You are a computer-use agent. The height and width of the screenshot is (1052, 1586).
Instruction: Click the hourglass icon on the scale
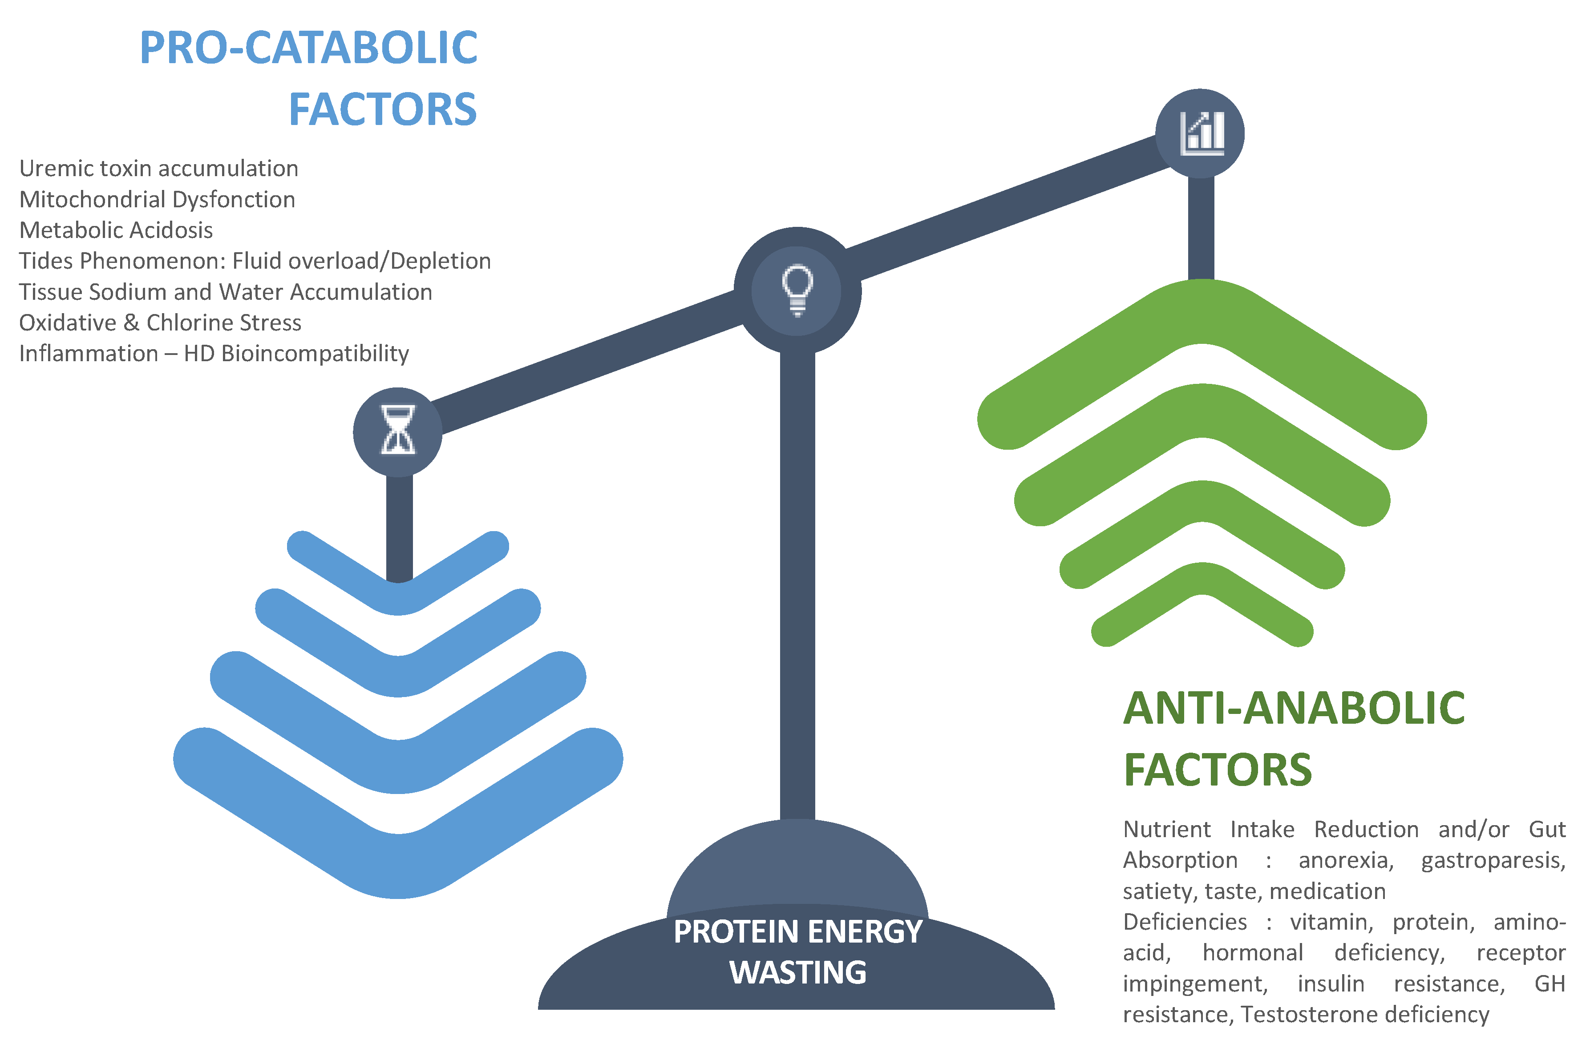397,431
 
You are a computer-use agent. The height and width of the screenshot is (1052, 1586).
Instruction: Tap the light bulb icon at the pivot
797,290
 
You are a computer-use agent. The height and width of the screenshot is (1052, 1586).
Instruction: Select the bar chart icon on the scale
1201,133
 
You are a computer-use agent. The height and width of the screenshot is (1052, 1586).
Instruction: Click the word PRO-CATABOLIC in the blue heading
308,48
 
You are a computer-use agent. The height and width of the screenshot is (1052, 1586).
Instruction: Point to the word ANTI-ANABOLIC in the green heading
1294,709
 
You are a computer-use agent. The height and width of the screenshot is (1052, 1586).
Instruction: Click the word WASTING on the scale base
798,972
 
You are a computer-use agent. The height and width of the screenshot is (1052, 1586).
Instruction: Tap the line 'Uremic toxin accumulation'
158,169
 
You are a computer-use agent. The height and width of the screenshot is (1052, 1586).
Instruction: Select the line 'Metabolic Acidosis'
115,230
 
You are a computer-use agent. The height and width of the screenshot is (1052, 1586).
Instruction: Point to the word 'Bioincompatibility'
315,354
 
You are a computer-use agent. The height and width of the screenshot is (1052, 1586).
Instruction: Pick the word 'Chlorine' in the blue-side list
190,322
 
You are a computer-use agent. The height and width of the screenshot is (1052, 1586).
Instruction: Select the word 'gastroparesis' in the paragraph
1492,860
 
